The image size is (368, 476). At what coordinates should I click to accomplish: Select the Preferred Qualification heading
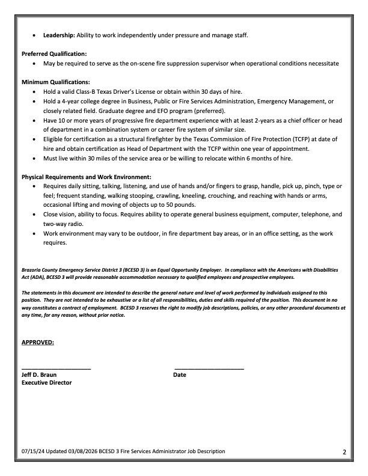[x=54, y=53]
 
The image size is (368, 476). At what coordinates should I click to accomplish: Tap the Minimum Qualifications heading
[x=56, y=82]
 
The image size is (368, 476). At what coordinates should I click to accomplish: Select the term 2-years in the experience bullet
[x=229, y=120]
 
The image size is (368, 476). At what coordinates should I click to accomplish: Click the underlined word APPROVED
[x=38, y=343]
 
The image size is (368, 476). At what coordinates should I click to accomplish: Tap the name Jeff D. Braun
[x=39, y=374]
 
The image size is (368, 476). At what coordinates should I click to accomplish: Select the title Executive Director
[x=46, y=382]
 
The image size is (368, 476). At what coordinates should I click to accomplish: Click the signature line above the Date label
[x=209, y=368]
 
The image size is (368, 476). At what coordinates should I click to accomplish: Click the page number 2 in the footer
[x=353, y=452]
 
